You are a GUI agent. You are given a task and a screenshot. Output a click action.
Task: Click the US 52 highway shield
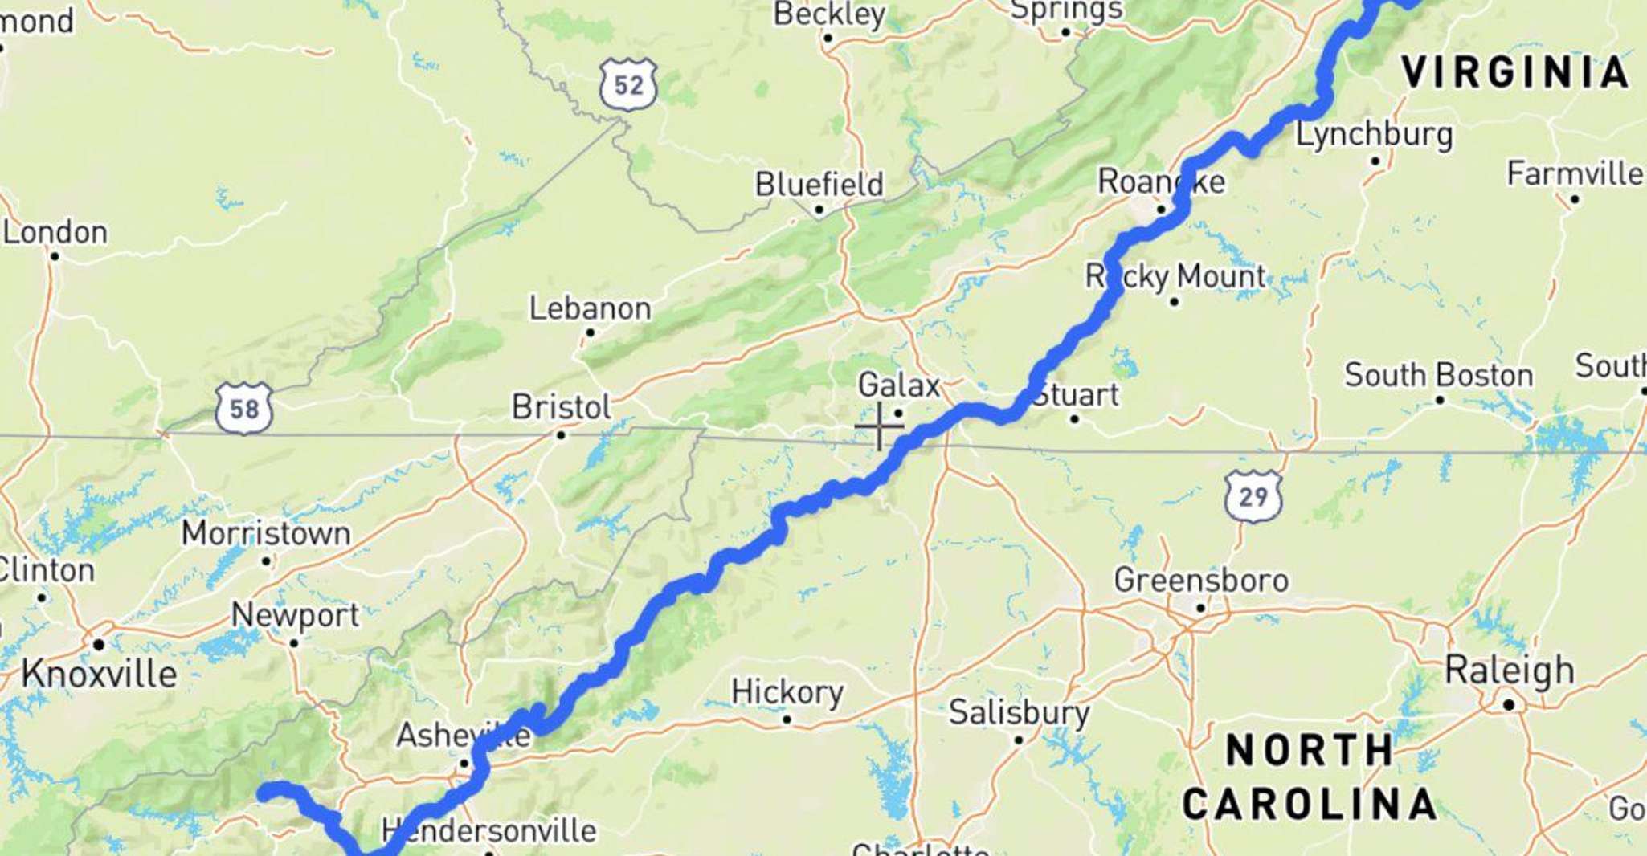(x=628, y=84)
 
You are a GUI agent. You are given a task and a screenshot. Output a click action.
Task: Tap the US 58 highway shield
(x=244, y=409)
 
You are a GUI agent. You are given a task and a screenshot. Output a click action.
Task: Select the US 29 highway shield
(x=1253, y=496)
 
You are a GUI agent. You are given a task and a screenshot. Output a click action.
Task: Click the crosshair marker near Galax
(x=880, y=426)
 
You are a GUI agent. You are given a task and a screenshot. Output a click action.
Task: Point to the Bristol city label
(x=561, y=407)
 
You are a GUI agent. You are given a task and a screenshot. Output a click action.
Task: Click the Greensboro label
(x=1201, y=580)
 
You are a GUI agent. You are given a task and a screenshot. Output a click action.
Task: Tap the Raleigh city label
(x=1509, y=671)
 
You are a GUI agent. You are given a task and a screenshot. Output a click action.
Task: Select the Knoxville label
(x=99, y=673)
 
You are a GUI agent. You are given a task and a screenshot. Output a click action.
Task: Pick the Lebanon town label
(x=590, y=308)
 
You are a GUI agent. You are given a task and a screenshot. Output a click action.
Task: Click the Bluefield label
(x=819, y=184)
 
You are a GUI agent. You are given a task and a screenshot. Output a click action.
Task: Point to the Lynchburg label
(x=1375, y=134)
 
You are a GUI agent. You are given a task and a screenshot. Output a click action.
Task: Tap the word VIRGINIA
(x=1515, y=72)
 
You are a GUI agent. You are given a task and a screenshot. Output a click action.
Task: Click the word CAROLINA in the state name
(x=1310, y=804)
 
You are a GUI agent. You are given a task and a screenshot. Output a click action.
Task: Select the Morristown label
(x=266, y=533)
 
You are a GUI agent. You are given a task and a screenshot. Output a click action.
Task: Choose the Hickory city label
(x=787, y=691)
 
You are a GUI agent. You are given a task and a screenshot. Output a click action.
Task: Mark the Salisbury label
(x=1019, y=712)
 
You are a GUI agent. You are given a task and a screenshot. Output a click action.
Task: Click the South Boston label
(x=1439, y=375)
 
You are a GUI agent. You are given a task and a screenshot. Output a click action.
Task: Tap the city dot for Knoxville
(x=99, y=644)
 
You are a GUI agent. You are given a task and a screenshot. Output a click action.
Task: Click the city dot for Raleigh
(x=1509, y=705)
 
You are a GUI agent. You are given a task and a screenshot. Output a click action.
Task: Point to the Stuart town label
(x=1077, y=395)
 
